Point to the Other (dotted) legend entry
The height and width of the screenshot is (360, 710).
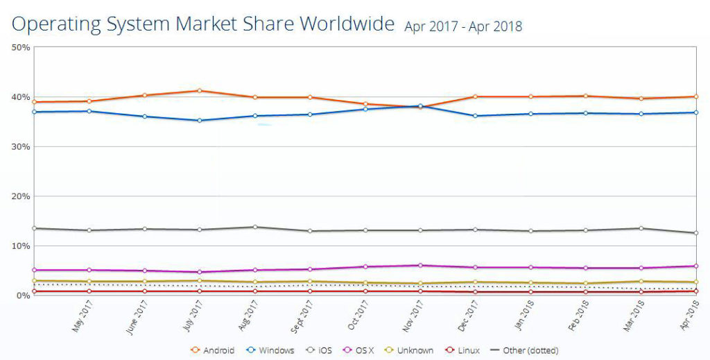pos(524,350)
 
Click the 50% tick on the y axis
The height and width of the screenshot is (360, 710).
pos(21,47)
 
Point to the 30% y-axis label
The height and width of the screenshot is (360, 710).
pos(21,146)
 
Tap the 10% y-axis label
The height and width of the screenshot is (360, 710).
pos(21,246)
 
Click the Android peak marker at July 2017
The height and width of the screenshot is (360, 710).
pos(200,90)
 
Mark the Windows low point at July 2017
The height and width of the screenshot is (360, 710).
pos(200,120)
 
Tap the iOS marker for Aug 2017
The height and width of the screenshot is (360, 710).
pos(255,227)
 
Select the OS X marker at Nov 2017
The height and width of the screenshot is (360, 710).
pos(420,265)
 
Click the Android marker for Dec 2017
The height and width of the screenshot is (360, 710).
pos(475,96)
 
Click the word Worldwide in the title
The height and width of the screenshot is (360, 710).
pos(342,24)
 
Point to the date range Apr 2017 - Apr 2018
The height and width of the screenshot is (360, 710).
pos(463,27)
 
